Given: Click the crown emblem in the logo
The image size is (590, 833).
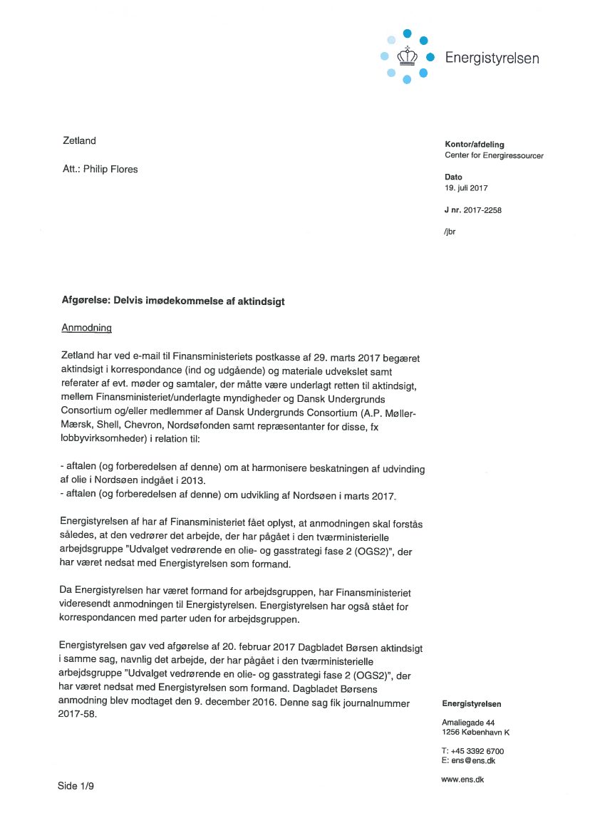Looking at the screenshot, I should [406, 56].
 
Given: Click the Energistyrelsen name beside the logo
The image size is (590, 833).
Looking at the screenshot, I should [492, 58].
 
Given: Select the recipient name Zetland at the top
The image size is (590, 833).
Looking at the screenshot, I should [79, 140].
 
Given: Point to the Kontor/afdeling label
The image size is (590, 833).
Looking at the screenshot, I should [474, 145].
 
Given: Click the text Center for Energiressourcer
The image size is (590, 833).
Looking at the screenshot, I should [494, 155].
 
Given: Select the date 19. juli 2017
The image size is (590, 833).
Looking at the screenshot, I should [466, 188].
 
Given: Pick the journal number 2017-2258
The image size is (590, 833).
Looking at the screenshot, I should [482, 210].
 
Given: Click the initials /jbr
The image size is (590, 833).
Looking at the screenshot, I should [450, 232].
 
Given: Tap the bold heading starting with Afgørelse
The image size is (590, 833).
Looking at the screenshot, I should [173, 301].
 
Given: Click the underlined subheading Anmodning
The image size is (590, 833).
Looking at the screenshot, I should [87, 328].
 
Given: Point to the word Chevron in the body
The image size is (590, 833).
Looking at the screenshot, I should [153, 423].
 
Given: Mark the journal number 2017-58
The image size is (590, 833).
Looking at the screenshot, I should [76, 715].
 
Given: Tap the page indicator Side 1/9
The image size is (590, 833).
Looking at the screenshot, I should [76, 786].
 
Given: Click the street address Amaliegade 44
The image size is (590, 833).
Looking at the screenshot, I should [468, 723].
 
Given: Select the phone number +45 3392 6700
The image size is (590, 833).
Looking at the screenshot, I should [477, 751].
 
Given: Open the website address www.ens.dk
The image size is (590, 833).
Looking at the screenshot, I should [462, 780].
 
